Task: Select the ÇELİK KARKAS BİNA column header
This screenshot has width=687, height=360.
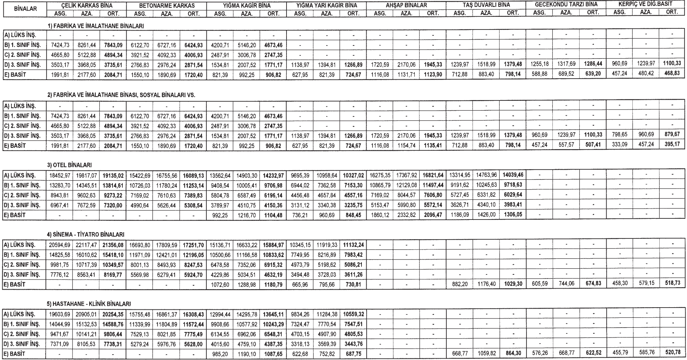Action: point(86,5)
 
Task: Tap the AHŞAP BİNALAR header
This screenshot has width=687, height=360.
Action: point(406,5)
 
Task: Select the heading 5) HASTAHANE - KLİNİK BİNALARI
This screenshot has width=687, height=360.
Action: point(89,303)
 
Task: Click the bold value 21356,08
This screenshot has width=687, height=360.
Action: point(114,244)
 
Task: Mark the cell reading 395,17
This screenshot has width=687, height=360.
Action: point(672,145)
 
